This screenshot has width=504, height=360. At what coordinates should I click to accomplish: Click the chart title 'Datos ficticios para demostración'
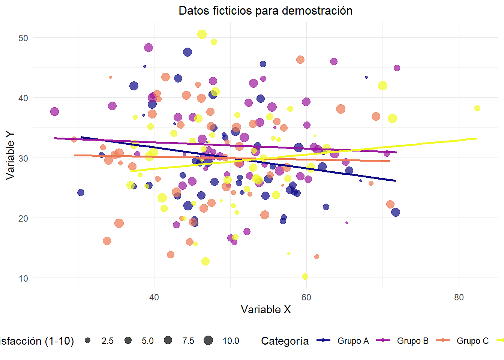[x=265, y=10]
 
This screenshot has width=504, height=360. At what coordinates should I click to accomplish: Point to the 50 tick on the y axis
[x=23, y=38]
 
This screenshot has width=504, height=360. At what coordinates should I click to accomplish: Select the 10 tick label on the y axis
[x=23, y=279]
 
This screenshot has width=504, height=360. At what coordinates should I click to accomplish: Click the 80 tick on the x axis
[x=459, y=297]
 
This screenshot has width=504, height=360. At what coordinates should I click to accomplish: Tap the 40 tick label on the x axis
[x=154, y=297]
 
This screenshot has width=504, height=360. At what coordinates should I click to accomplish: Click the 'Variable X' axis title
[x=265, y=309]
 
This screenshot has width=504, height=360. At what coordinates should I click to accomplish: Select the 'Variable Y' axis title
[x=10, y=155]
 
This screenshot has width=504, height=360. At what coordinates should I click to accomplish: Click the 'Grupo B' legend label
[x=412, y=341]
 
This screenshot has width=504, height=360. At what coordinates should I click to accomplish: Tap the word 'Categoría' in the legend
[x=285, y=341]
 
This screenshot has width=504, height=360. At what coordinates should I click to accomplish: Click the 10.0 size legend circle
[x=208, y=340]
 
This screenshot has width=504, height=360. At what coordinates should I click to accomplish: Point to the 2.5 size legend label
[x=107, y=341]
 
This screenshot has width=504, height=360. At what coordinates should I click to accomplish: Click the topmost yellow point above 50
[x=202, y=34]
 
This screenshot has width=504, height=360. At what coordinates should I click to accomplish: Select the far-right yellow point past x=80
[x=477, y=108]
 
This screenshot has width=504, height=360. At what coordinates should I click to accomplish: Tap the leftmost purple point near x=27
[x=54, y=111]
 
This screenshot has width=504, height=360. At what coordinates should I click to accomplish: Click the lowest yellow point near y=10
[x=305, y=276]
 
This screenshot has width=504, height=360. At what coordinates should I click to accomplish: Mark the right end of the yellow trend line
[x=477, y=138]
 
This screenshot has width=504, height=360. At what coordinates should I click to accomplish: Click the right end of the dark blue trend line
[x=396, y=181]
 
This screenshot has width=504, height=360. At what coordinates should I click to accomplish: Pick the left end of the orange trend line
[x=74, y=155]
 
